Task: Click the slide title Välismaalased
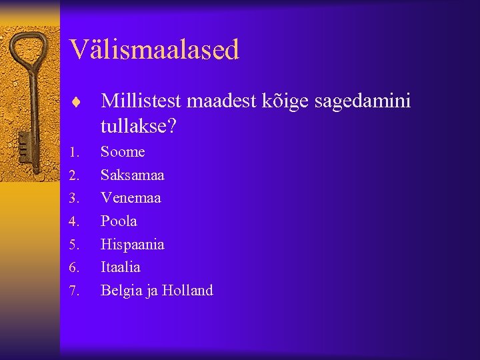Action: (154, 49)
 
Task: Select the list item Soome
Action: (123, 152)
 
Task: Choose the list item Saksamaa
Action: (132, 175)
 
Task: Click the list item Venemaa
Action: (131, 198)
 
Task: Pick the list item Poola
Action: (119, 221)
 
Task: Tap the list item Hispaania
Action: (132, 245)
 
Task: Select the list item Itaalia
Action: (121, 267)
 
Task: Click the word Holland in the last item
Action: (187, 291)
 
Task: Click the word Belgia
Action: (119, 291)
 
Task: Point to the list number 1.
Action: (74, 153)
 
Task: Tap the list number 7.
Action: (74, 291)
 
